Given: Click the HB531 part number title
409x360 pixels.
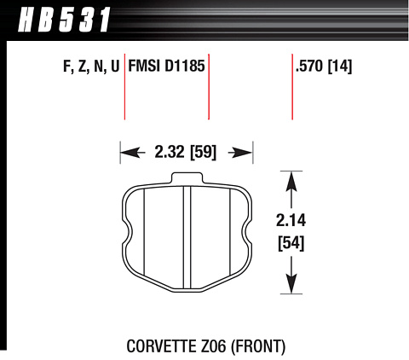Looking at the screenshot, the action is coord(64,20).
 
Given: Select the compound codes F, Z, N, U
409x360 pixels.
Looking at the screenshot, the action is coord(91,67).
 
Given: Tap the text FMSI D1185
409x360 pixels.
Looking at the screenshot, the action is coord(166,66).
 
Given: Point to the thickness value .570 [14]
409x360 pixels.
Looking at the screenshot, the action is coord(324,67).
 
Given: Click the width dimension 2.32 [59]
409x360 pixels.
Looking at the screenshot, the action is coord(186,152).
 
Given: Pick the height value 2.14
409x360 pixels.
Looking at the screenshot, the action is coord(291,220).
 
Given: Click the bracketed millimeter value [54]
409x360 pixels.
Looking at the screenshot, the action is coord(291,243).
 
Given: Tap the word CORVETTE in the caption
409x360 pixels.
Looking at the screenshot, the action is coord(160,346).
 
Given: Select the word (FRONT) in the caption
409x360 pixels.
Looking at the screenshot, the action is coord(258,346).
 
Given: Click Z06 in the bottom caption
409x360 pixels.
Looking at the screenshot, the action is coord(211,346).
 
